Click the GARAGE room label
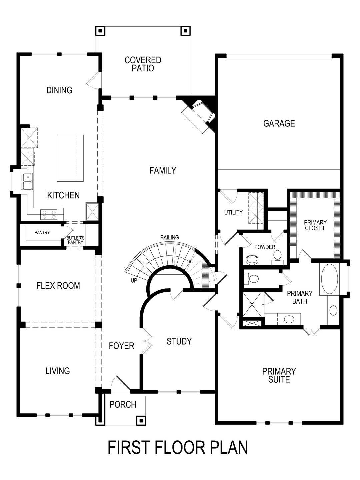tap(279, 123)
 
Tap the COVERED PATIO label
tap(143, 64)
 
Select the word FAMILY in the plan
tap(163, 170)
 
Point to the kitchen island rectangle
tap(70, 158)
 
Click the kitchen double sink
tap(27, 181)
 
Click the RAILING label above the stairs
tap(169, 237)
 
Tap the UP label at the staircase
tap(134, 281)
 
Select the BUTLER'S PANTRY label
tap(76, 240)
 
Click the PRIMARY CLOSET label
tap(315, 225)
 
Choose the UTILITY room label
tap(233, 212)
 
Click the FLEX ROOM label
tap(58, 286)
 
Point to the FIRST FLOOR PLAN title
tap(178, 448)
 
